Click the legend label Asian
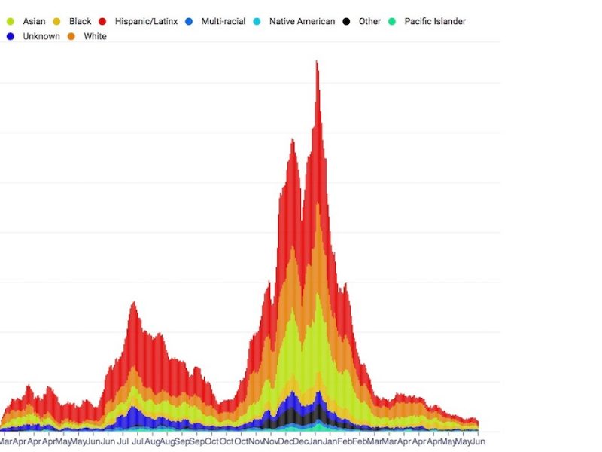[x=34, y=21]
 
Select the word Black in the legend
[x=80, y=21]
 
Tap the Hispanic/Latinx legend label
[x=146, y=21]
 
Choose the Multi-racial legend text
[x=223, y=21]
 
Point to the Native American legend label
[x=302, y=21]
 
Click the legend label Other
[x=369, y=21]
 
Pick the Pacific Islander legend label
[x=435, y=21]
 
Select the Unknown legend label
[x=41, y=36]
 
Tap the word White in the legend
[x=95, y=36]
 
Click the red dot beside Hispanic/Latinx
[x=102, y=21]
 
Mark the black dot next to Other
[x=345, y=21]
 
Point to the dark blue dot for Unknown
[x=10, y=36]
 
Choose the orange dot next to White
[x=71, y=36]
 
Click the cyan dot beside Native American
[x=256, y=21]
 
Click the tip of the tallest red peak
[x=317, y=62]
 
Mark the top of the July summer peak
[x=133, y=303]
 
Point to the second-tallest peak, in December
[x=293, y=139]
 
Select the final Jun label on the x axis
[x=478, y=441]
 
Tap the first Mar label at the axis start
[x=6, y=441]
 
